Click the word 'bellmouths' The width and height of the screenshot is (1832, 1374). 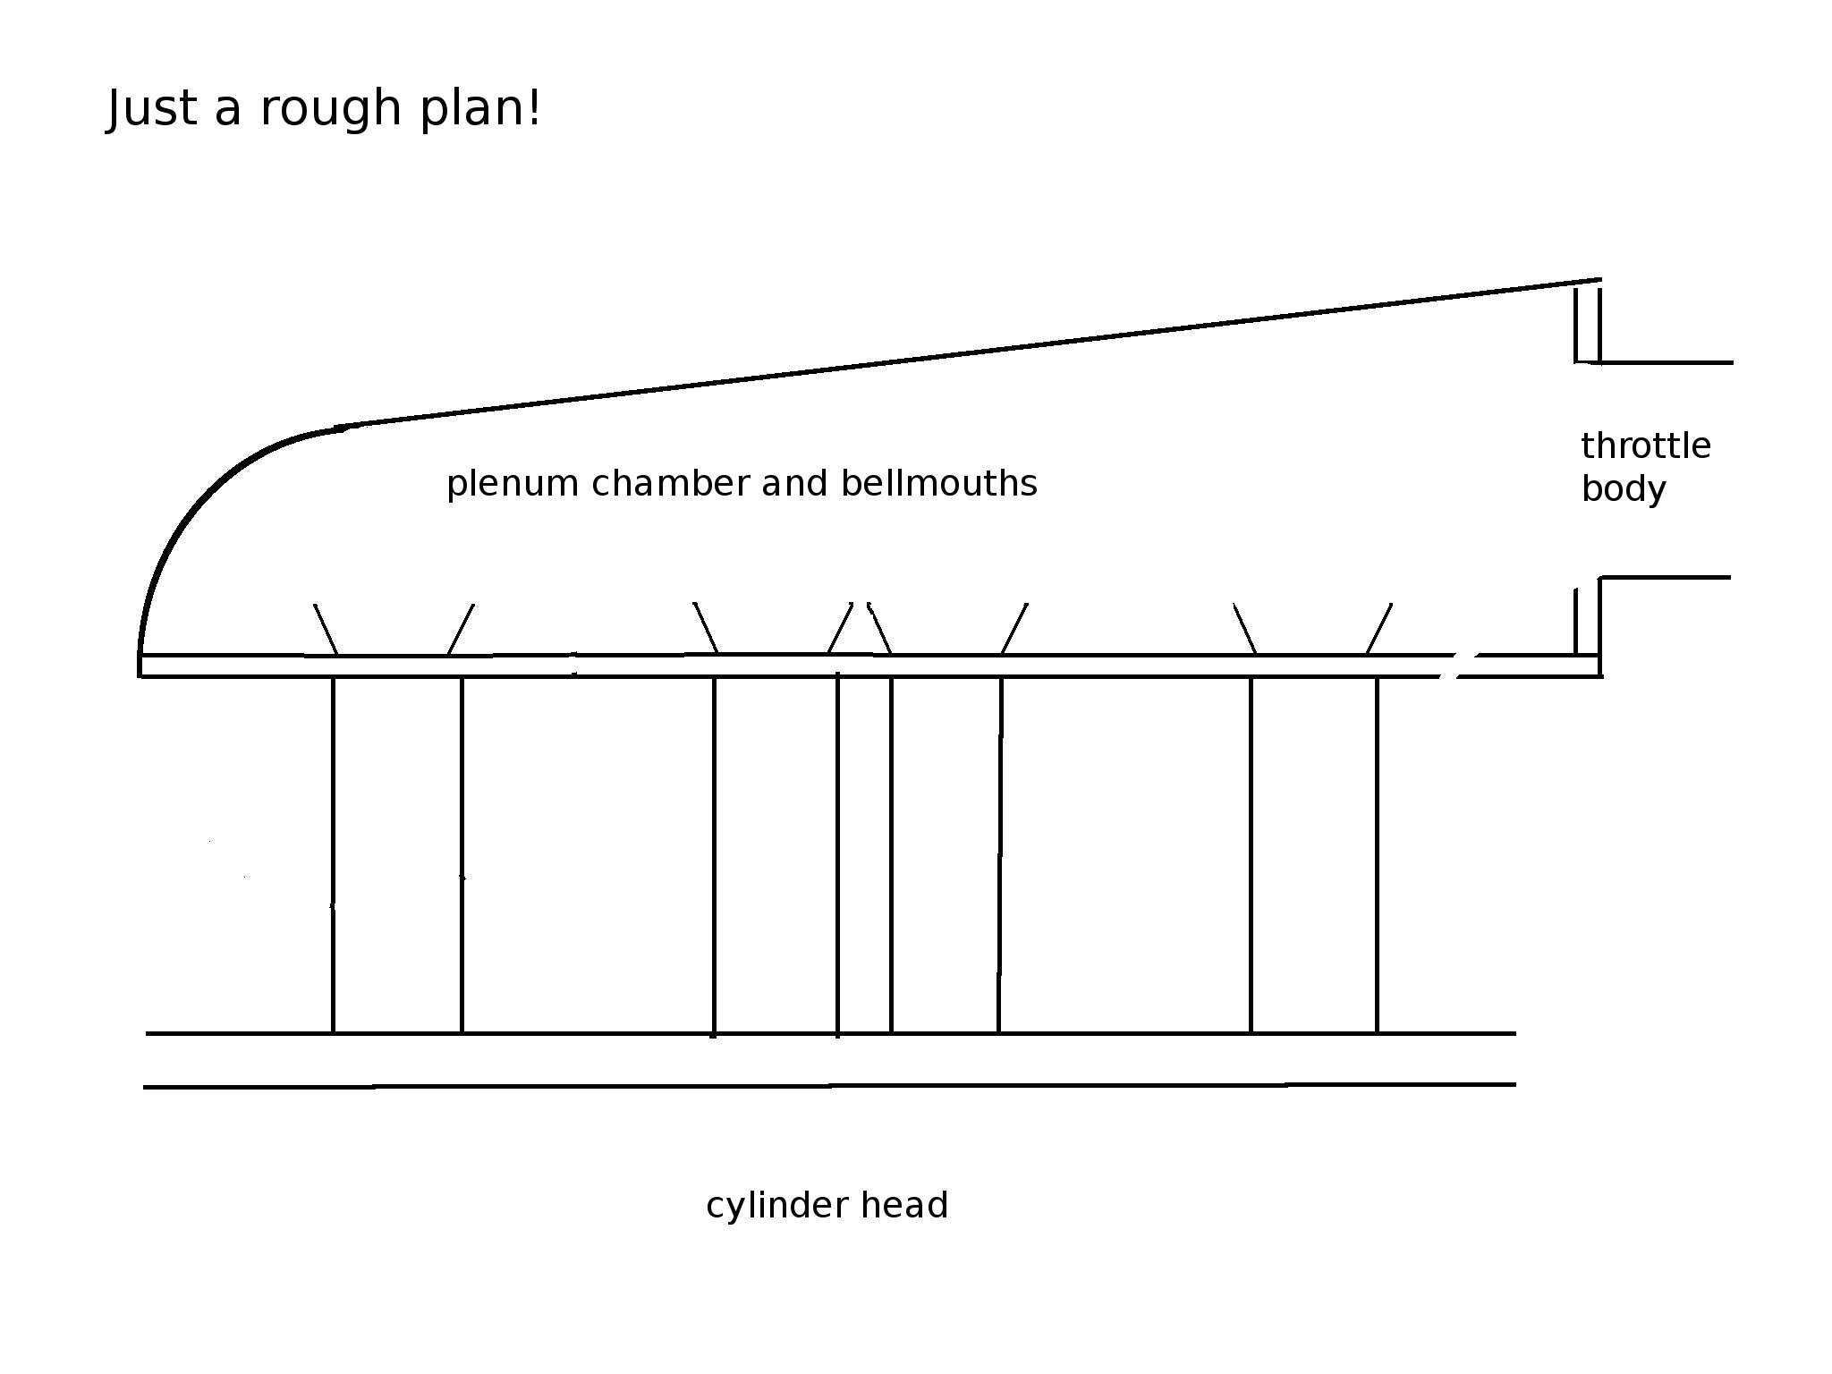(x=938, y=483)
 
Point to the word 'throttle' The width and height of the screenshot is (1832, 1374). (x=1645, y=445)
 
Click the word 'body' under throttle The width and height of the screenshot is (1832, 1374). (x=1623, y=490)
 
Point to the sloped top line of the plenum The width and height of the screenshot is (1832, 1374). (x=966, y=353)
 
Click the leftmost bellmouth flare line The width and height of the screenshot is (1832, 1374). (x=326, y=630)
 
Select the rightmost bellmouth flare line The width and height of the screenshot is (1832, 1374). (x=1378, y=629)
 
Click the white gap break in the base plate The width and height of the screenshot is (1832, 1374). (x=1457, y=666)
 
